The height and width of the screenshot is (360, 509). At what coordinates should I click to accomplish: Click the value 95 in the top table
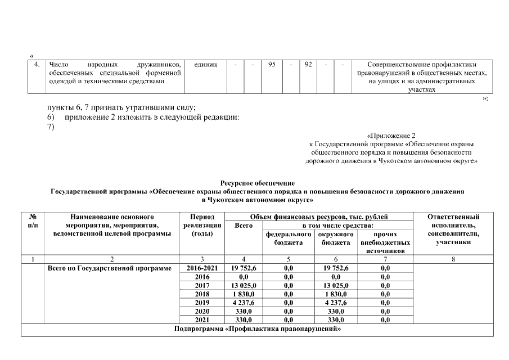[x=272, y=65]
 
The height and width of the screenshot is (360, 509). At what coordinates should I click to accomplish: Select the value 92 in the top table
[x=308, y=65]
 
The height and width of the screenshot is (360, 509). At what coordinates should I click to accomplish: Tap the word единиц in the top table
[x=205, y=65]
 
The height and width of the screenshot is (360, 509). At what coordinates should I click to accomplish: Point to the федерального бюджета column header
[x=289, y=238]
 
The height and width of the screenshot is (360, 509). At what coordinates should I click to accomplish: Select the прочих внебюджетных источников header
[x=385, y=242]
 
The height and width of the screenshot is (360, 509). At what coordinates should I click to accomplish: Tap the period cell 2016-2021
[x=201, y=268]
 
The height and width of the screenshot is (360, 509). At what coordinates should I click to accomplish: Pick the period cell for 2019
[x=201, y=302]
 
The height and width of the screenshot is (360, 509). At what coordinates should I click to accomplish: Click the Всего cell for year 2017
[x=244, y=285]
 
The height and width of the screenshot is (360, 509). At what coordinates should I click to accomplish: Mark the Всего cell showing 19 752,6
[x=244, y=268]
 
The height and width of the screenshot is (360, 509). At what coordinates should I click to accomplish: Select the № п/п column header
[x=33, y=220]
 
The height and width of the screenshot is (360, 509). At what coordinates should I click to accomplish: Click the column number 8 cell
[x=453, y=259]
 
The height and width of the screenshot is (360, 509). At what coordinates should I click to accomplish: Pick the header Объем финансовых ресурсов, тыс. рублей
[x=318, y=217]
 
